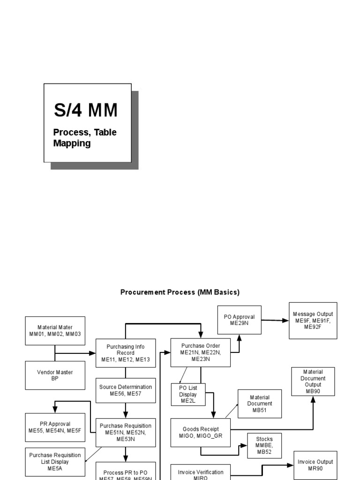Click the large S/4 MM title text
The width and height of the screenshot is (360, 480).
click(85, 110)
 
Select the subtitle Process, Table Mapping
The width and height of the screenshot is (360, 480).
click(85, 138)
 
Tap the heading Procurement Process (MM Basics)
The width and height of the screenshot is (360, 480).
click(180, 292)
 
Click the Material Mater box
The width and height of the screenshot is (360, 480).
click(55, 330)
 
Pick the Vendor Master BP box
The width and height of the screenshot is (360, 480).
click(55, 375)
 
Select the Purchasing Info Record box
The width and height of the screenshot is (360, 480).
click(126, 353)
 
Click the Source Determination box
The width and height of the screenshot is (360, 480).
click(126, 390)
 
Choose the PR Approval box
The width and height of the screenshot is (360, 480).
click(55, 427)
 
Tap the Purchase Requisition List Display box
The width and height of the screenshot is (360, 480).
click(55, 461)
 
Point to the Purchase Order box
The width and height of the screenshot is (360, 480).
click(201, 352)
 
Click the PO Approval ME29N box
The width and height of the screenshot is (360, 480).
click(240, 320)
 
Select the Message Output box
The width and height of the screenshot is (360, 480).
click(313, 321)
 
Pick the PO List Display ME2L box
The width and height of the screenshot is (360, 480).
click(187, 394)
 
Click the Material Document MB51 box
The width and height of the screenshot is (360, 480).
click(260, 404)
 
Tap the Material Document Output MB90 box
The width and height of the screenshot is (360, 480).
click(313, 382)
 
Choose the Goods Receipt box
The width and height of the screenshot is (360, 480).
click(201, 432)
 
